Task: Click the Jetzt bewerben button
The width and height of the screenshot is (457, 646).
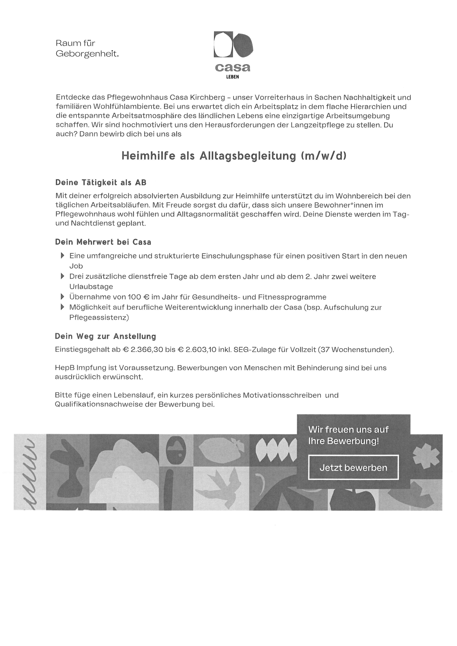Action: point(353,468)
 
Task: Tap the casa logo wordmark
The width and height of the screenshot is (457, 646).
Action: point(232,67)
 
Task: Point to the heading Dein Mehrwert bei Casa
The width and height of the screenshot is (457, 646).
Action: point(103,242)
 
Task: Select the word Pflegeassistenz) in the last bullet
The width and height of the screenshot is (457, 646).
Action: point(99,317)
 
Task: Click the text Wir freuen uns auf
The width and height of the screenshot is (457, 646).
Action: point(348,430)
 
